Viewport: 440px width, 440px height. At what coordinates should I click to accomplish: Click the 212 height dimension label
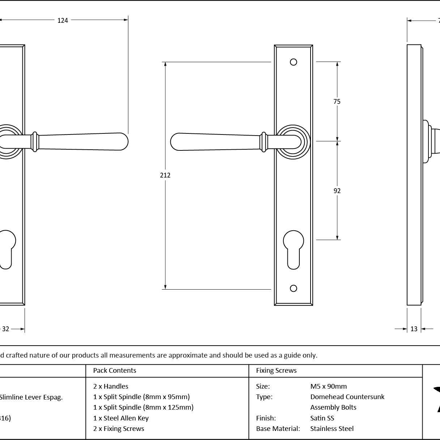pos(165,175)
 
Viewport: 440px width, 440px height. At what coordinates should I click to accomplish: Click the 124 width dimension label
pos(63,21)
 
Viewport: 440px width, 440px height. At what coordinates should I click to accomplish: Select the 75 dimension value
pos(337,102)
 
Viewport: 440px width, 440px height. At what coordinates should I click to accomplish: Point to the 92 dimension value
pos(337,191)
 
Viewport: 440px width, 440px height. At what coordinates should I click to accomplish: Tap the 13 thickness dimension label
pos(414,329)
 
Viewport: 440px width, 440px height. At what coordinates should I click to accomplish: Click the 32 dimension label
pos(6,329)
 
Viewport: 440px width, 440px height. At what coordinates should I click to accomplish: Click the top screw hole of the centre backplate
pos(294,62)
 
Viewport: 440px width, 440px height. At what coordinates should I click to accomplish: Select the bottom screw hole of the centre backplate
pos(294,288)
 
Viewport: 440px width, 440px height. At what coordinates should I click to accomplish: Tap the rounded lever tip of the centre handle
pos(177,142)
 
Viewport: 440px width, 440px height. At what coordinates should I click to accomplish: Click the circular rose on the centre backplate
pos(294,142)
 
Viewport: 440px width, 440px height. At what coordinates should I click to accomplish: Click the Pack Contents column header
pos(115,371)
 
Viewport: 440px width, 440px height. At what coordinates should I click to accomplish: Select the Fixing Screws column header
pos(276,371)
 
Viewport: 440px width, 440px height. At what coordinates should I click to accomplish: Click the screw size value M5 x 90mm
pos(328,386)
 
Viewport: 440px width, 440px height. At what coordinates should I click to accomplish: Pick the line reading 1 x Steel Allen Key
pos(121,418)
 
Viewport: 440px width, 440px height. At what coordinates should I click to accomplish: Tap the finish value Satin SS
pos(322,418)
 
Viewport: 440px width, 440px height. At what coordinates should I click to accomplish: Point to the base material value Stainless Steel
pos(332,429)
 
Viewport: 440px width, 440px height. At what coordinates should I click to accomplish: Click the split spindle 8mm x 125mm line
pos(143,407)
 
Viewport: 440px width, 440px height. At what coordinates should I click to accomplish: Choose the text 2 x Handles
pos(111,386)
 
